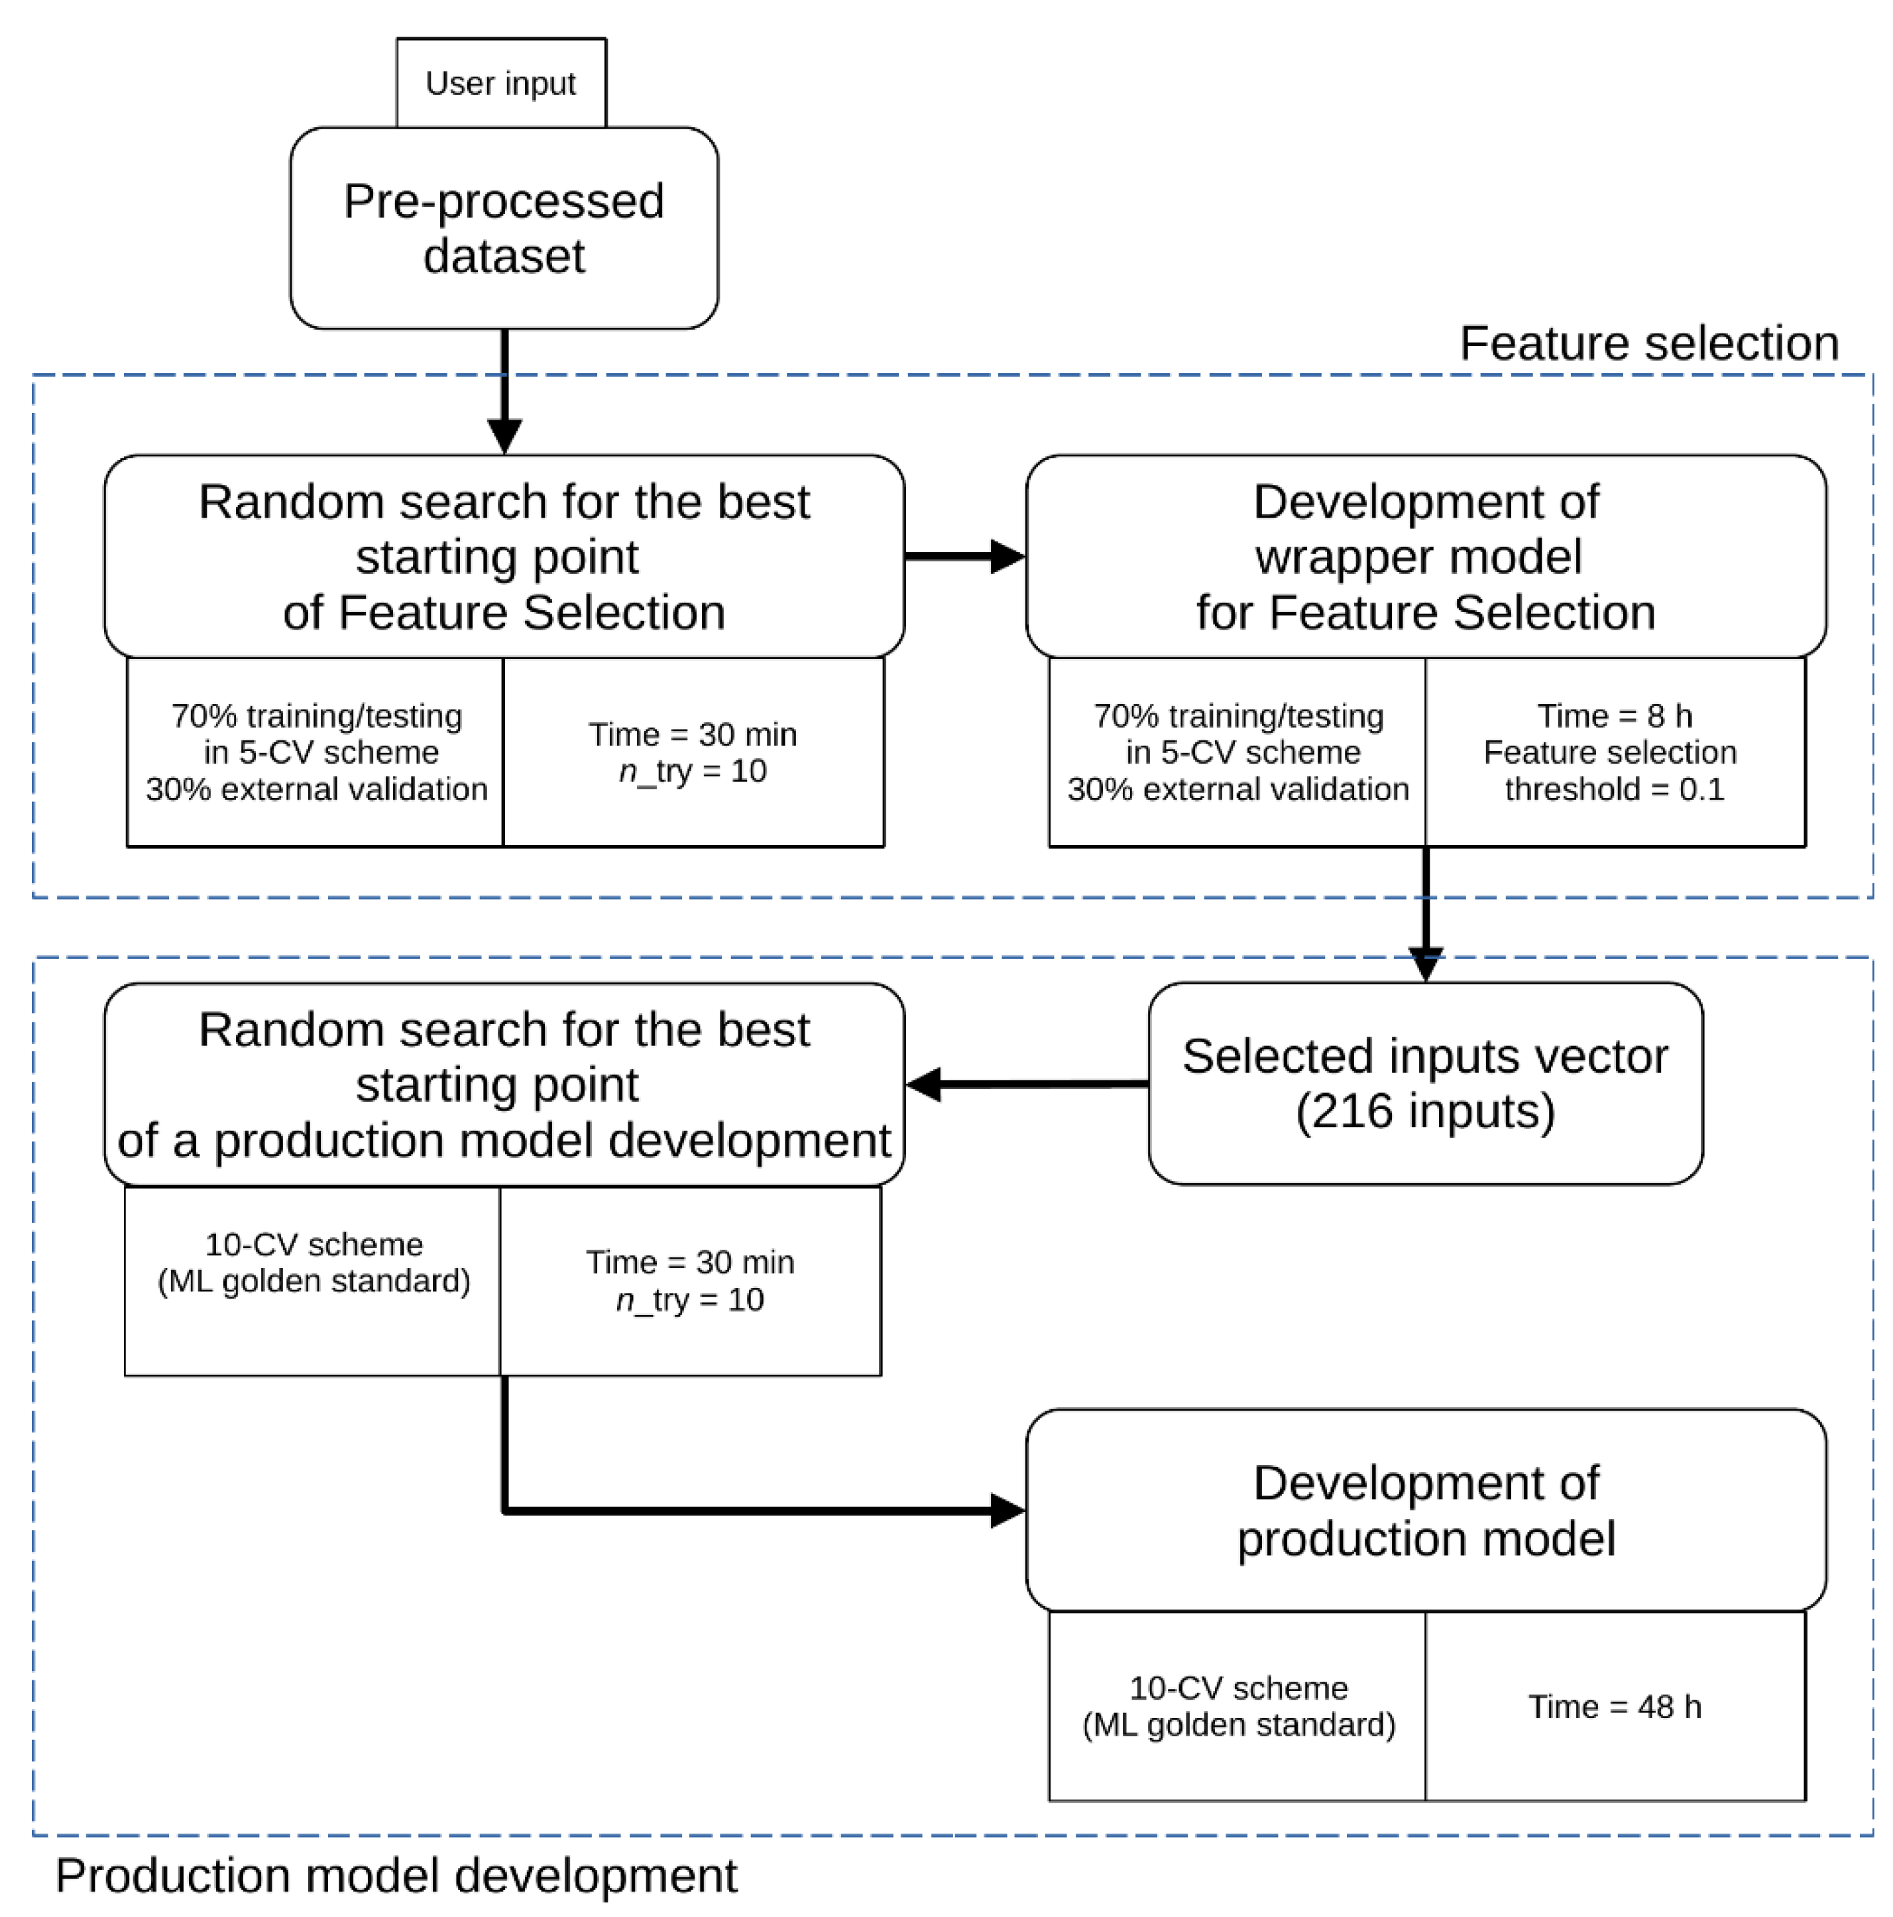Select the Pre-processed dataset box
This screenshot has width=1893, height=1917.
coord(503,228)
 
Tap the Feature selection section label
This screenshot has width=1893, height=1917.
coord(1647,343)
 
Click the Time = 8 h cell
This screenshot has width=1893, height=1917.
coord(1613,752)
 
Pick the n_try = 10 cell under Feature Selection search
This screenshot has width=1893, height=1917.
coord(693,752)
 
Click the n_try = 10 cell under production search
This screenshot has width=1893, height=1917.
coord(689,1280)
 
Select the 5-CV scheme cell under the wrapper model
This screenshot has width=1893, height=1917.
coord(1237,752)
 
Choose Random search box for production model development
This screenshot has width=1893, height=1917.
coord(503,1084)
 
